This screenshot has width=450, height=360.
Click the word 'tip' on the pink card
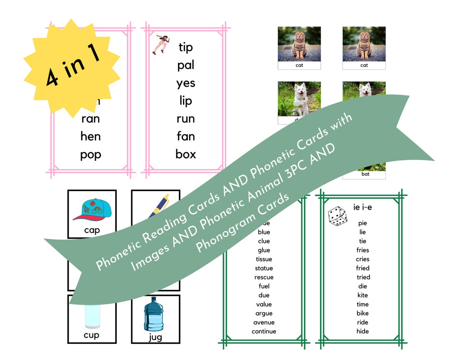click(185, 47)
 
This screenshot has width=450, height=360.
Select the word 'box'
click(185, 154)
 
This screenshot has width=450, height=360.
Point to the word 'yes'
click(185, 83)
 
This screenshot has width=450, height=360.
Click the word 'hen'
click(90, 136)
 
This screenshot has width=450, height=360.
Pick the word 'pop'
click(90, 155)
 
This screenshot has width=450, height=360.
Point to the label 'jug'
click(155, 337)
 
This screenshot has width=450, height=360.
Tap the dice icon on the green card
click(337, 216)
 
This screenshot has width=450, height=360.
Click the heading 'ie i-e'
click(362, 207)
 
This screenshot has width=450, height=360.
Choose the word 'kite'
click(362, 295)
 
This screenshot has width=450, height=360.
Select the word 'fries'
click(362, 250)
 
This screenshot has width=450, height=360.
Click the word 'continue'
click(264, 332)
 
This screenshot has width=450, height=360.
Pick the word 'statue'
click(264, 268)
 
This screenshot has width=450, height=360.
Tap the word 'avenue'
click(264, 322)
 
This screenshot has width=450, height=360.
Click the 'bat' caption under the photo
click(364, 175)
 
